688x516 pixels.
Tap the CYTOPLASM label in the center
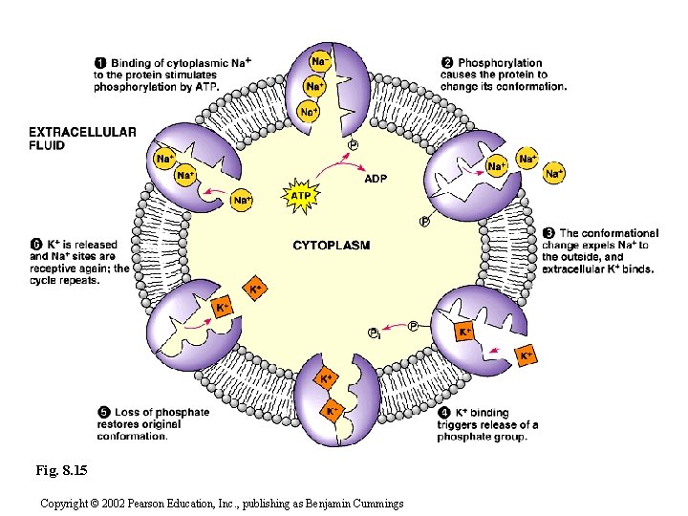click(x=331, y=246)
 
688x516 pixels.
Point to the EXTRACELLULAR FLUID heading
click(x=82, y=139)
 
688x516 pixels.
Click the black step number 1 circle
click(x=100, y=63)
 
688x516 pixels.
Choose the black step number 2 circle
click(x=447, y=63)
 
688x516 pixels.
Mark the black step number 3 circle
click(x=548, y=233)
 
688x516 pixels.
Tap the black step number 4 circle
click(x=444, y=414)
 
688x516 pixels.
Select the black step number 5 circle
click(x=102, y=413)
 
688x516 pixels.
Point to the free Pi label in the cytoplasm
click(x=376, y=333)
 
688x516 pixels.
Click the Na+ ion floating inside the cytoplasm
click(x=243, y=200)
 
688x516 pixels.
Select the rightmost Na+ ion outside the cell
click(x=554, y=173)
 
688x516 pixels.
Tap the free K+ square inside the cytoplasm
click(x=256, y=288)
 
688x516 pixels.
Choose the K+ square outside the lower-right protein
click(x=526, y=355)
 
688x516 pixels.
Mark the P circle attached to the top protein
click(x=353, y=144)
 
